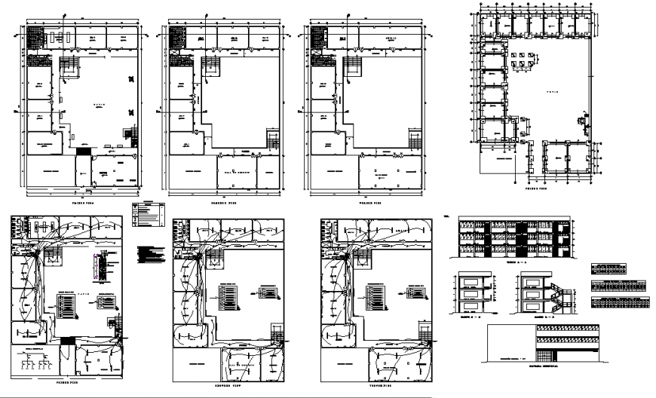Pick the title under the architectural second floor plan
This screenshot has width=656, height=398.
click(221, 204)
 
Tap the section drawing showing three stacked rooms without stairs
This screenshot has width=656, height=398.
click(473, 295)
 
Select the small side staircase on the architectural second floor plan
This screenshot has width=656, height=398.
click(271, 139)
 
